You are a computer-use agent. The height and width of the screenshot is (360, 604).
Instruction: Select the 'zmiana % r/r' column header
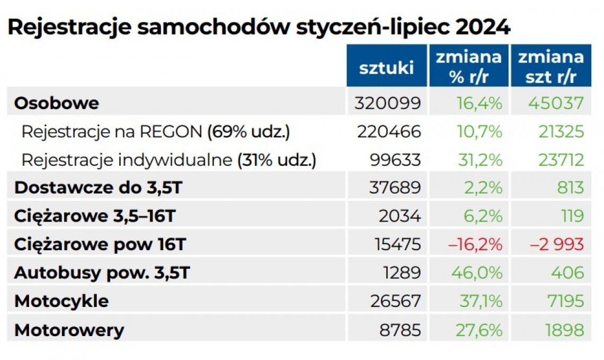[468, 67]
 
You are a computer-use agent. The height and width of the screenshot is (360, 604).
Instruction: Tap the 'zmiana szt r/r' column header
[550, 67]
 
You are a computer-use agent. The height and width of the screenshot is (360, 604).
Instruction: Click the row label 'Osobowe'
[57, 103]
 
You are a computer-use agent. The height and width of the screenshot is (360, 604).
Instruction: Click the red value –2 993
[557, 244]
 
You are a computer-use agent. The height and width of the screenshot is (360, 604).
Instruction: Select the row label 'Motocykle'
[61, 301]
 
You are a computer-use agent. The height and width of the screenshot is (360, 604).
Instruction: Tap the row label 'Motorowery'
[69, 330]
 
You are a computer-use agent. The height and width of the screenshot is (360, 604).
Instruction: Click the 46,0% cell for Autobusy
[476, 273]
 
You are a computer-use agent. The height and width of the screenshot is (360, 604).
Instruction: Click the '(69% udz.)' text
[248, 131]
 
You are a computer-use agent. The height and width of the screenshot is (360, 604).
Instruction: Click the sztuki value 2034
[400, 216]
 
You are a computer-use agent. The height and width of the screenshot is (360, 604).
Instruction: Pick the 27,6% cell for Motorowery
[476, 330]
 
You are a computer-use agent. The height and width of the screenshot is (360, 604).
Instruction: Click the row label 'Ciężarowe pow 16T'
[100, 244]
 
